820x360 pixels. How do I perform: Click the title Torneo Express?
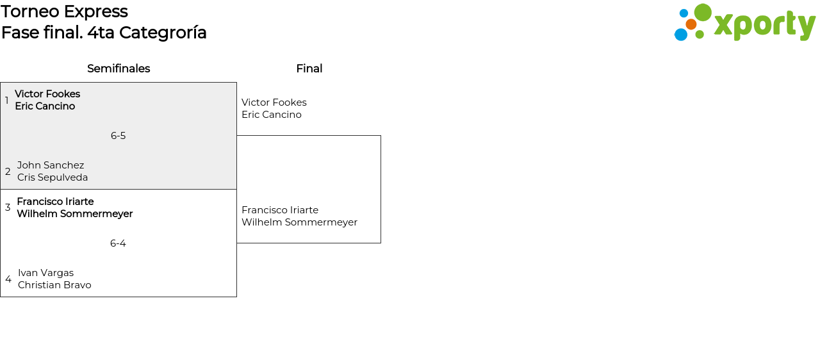(64, 12)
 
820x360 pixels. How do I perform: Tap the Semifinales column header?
(119, 69)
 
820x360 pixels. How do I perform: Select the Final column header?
(309, 69)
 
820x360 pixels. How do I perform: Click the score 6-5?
(118, 136)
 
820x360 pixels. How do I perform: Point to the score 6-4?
(118, 243)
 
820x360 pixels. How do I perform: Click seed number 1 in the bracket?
(7, 101)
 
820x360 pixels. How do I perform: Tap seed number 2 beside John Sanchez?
(8, 172)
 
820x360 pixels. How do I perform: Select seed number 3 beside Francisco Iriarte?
(8, 208)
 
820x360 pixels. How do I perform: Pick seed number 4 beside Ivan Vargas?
(8, 279)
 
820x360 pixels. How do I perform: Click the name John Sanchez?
(51, 165)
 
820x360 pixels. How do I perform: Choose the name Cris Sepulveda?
(53, 177)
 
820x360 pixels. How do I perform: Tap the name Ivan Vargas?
(45, 273)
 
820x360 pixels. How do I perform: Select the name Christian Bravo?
(54, 285)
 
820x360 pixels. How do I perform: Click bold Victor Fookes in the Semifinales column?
(47, 94)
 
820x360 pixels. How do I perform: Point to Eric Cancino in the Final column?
(271, 115)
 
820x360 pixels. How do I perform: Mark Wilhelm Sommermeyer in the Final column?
(299, 222)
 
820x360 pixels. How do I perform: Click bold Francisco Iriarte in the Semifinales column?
(55, 202)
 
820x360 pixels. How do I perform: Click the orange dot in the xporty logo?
(691, 24)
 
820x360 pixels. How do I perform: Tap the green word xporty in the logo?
(764, 26)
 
